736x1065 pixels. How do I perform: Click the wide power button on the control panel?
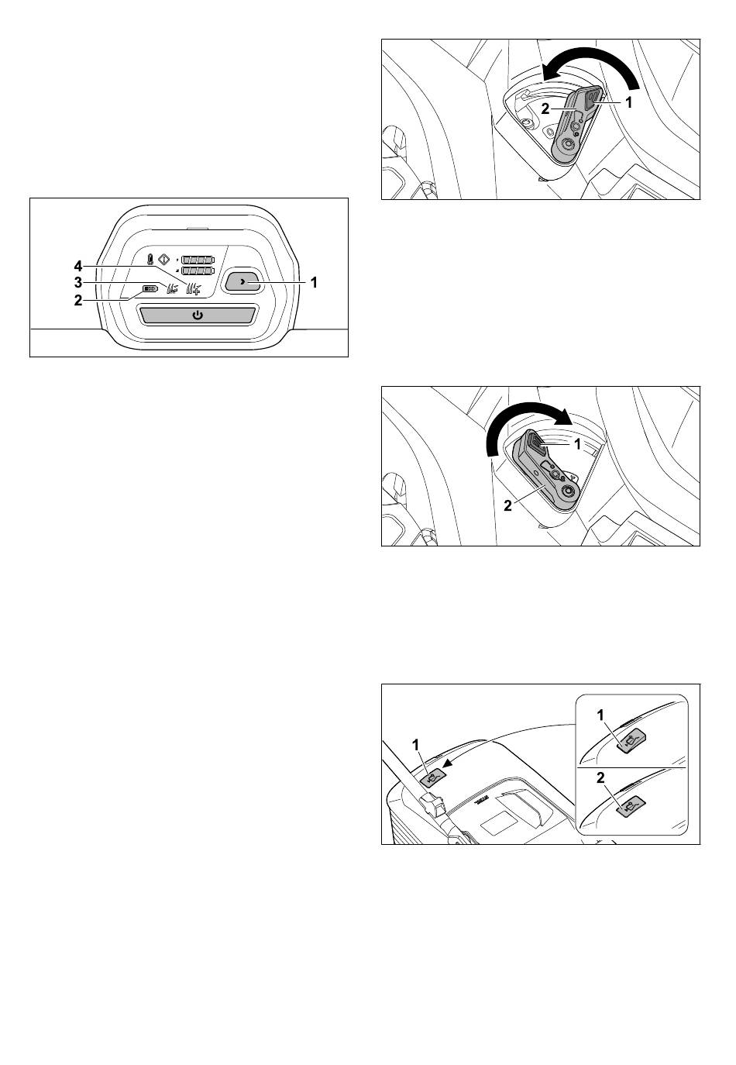pyautogui.click(x=198, y=315)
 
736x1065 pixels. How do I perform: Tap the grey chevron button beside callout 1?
pyautogui.click(x=242, y=282)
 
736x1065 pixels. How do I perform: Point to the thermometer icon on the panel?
pyautogui.click(x=150, y=260)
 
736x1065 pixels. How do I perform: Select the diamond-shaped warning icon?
pyautogui.click(x=163, y=260)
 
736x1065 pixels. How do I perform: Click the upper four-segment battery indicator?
pyautogui.click(x=198, y=260)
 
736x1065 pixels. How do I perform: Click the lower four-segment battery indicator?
pyautogui.click(x=198, y=271)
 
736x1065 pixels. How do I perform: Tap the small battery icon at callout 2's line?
pyautogui.click(x=150, y=288)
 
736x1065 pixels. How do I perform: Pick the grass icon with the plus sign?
pyautogui.click(x=194, y=288)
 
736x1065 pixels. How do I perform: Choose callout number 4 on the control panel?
pyautogui.click(x=78, y=266)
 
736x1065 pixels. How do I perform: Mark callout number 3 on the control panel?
pyautogui.click(x=78, y=283)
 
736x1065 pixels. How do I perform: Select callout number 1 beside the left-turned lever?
pyautogui.click(x=628, y=102)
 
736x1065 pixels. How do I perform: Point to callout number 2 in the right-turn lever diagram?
pyautogui.click(x=508, y=506)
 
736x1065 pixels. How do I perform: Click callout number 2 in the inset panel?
pyautogui.click(x=600, y=778)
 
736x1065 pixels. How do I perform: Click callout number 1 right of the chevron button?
pyautogui.click(x=314, y=283)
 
